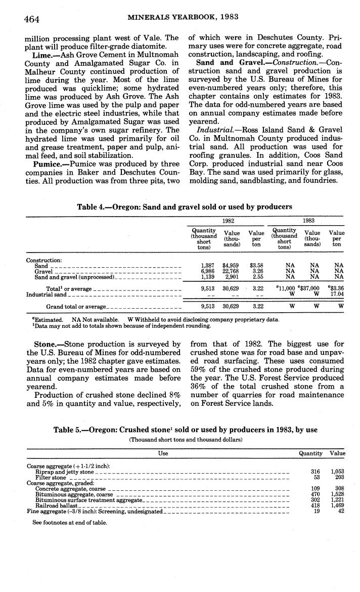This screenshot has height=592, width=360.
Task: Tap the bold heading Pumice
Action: click(48, 164)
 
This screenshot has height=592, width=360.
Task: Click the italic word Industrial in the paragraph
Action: click(213, 131)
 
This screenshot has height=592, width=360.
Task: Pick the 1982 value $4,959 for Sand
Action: click(232, 265)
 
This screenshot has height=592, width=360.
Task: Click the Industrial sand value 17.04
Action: click(337, 294)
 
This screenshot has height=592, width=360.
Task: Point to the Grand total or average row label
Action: click(76, 306)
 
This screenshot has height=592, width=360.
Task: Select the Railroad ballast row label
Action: click(57, 505)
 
